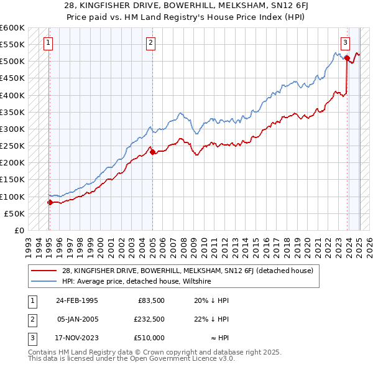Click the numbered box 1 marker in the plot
point(48,43)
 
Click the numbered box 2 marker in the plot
point(151,43)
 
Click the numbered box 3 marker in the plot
point(345,43)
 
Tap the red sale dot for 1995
point(50,202)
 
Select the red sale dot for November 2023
point(346,58)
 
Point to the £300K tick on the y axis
point(13,129)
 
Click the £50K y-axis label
point(15,213)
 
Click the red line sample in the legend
point(44,271)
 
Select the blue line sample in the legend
point(44,281)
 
